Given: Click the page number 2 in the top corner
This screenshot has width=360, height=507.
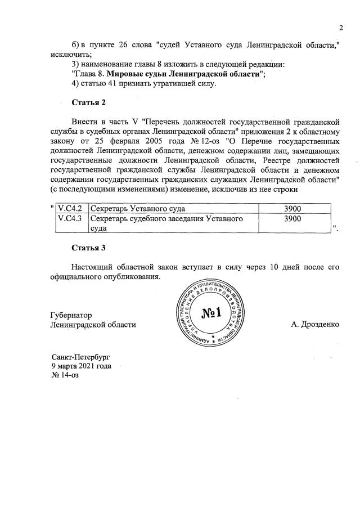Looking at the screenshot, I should click(x=340, y=29).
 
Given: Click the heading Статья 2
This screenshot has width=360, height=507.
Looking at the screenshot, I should click(x=89, y=102).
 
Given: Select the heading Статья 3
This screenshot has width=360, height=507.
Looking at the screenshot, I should click(x=89, y=248).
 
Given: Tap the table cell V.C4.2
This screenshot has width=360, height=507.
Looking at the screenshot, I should click(x=70, y=209).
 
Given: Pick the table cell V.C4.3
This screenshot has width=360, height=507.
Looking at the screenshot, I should click(x=70, y=218).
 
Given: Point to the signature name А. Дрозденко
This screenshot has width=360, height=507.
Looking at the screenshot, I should click(x=315, y=325).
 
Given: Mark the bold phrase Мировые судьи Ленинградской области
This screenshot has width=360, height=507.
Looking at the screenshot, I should click(x=183, y=74).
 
